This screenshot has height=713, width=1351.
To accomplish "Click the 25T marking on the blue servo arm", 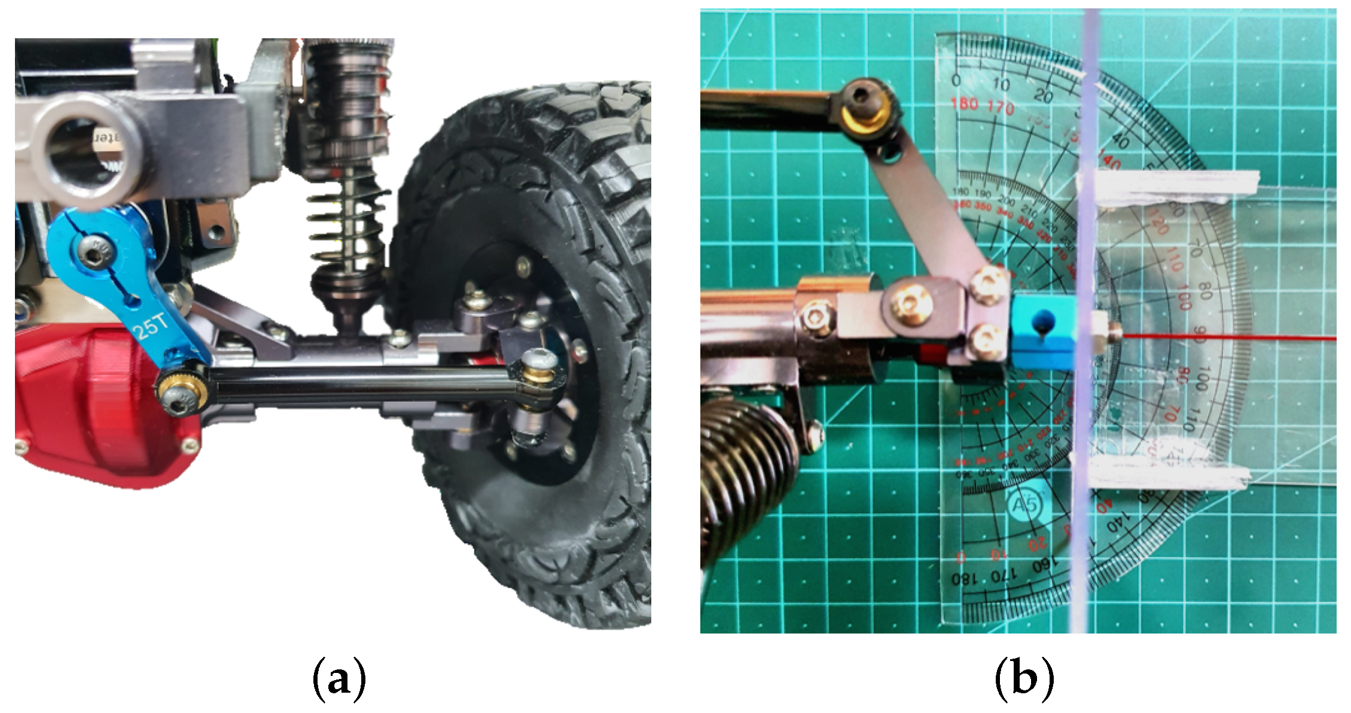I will pos(153,326).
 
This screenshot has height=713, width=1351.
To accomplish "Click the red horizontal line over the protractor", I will pos(1226,338).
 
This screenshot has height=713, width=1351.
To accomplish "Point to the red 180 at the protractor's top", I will pos(964,104).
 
